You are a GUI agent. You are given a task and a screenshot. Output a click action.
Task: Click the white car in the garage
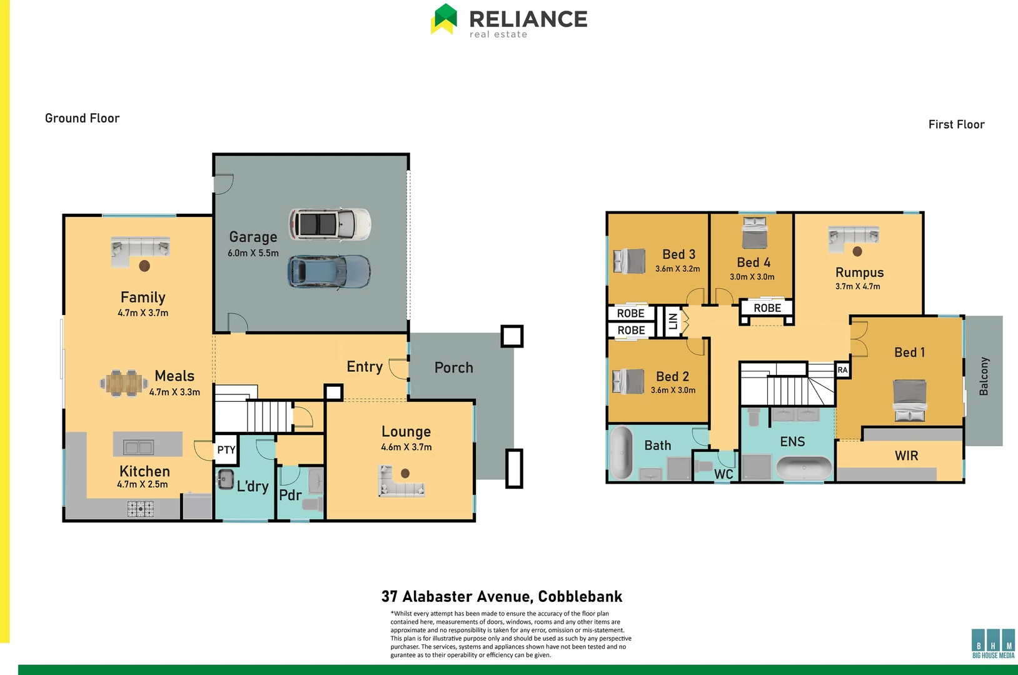[330, 224]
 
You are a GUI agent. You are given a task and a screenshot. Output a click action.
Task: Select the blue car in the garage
[329, 272]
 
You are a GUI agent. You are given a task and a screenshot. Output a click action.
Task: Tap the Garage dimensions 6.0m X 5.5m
[253, 253]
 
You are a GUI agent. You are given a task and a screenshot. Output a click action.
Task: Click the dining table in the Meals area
[123, 382]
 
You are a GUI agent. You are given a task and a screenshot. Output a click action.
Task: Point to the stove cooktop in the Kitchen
[141, 509]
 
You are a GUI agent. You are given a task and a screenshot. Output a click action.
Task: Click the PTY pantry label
[226, 450]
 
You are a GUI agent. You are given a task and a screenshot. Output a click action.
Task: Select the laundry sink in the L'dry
[225, 479]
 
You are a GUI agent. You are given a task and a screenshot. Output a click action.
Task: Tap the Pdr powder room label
[290, 495]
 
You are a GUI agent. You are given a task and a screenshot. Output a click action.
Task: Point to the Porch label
[453, 367]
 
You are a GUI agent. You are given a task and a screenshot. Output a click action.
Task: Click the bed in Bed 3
[629, 261]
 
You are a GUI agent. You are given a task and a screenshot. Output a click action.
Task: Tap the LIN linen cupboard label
[673, 321]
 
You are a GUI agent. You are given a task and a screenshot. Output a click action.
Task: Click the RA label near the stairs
[842, 370]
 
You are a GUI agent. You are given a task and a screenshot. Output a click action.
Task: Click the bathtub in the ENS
[804, 467]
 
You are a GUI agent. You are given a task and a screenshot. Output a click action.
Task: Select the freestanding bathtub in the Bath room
[621, 452]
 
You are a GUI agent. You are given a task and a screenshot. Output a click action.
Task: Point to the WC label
[723, 474]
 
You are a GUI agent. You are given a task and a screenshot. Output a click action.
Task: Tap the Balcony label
[984, 376]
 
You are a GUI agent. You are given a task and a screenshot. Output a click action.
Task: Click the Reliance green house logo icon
[445, 19]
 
